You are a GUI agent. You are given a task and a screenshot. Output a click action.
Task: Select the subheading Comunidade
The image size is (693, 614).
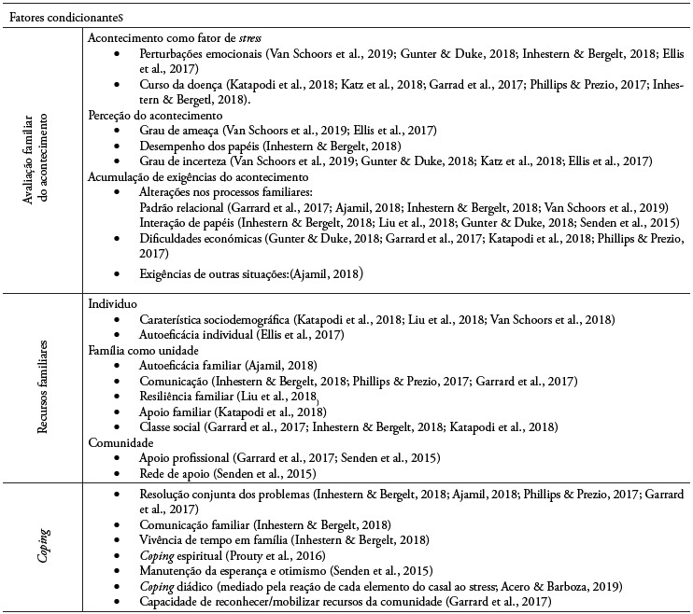120,444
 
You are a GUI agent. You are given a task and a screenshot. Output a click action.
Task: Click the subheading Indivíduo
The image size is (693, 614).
113,304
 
